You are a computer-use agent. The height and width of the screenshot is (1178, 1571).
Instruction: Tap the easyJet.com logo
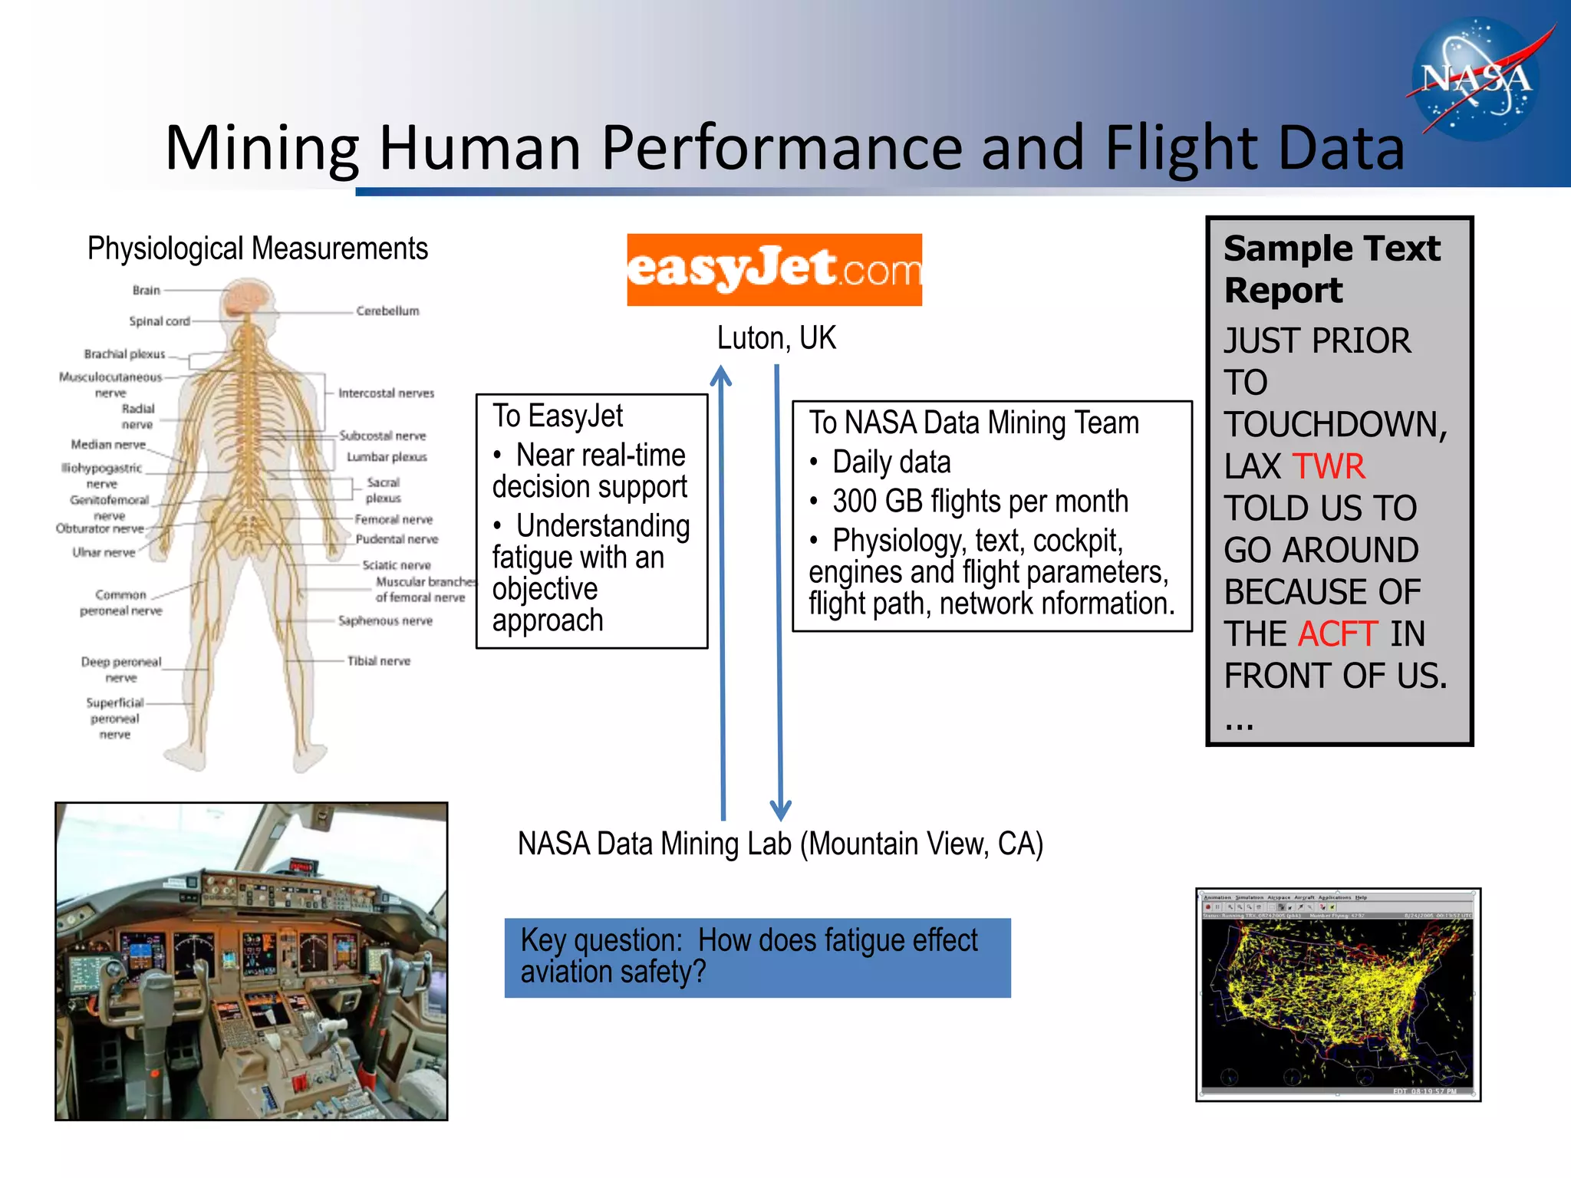click(x=774, y=269)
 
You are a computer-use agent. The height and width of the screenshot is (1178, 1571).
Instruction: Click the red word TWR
click(x=1329, y=466)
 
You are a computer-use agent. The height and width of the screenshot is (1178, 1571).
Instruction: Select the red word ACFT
click(x=1338, y=634)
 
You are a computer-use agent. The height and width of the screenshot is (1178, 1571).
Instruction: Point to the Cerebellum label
click(x=387, y=311)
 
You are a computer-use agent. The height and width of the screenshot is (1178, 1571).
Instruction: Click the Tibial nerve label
click(x=378, y=660)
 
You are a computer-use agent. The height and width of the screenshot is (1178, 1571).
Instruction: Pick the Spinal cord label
click(x=159, y=321)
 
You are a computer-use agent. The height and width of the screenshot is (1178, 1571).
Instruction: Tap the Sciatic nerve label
click(x=396, y=564)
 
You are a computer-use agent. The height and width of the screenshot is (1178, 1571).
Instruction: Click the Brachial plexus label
click(x=124, y=354)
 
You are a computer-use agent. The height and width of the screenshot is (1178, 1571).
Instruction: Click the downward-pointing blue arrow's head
click(x=780, y=810)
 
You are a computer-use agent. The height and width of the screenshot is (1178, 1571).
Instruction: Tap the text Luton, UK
click(x=776, y=338)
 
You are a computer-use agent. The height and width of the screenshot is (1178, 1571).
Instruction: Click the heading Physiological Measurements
click(x=257, y=248)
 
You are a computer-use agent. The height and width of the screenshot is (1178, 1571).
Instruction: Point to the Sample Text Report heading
click(x=1332, y=269)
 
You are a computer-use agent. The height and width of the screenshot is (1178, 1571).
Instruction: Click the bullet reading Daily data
click(x=891, y=462)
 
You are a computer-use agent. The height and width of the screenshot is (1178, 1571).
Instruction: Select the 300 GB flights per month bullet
click(x=980, y=502)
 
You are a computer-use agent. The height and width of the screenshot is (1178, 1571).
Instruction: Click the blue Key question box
click(x=757, y=957)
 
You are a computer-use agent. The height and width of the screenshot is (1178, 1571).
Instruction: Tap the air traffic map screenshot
click(x=1338, y=995)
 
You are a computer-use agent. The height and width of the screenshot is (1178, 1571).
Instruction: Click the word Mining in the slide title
click(x=262, y=148)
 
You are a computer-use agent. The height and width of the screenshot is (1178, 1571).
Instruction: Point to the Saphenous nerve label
click(x=385, y=620)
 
